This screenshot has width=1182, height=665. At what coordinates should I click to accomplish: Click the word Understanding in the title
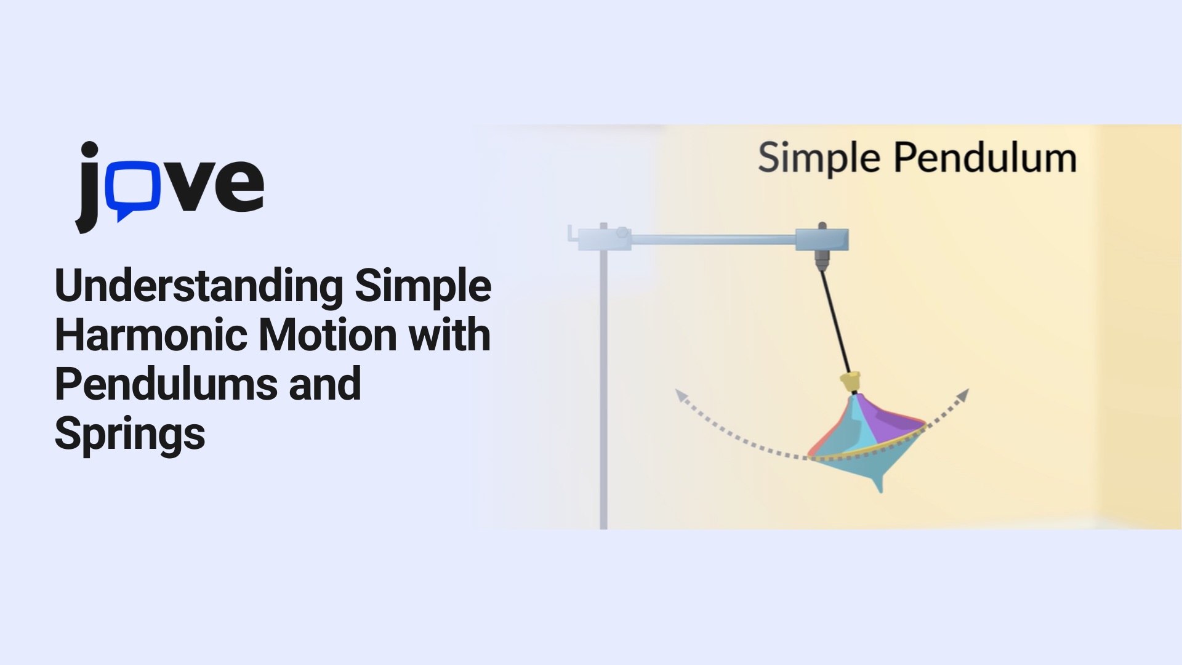coord(199,287)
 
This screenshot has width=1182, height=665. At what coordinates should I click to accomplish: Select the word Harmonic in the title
coord(152,336)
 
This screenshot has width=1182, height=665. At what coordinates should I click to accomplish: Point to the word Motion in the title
coord(328,336)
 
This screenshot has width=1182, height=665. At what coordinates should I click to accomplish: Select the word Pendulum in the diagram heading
coord(985,158)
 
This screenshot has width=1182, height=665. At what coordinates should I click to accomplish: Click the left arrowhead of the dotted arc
coord(681,395)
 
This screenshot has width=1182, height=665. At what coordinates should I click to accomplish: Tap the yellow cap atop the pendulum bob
coord(850,382)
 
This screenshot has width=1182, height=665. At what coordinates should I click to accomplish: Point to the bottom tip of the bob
coord(880,492)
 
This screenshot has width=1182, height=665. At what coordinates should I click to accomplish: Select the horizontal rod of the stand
coord(713,240)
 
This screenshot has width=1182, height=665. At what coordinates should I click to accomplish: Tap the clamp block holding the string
coord(822,240)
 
